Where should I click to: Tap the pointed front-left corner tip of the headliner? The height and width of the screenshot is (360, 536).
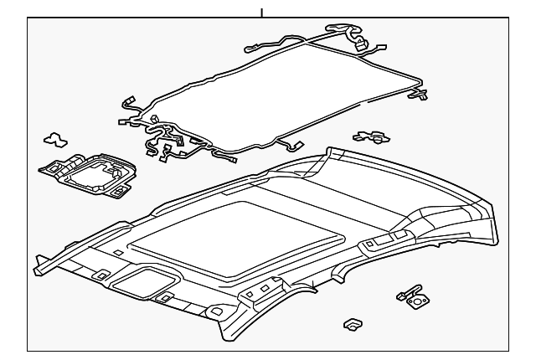pos(37,270)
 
